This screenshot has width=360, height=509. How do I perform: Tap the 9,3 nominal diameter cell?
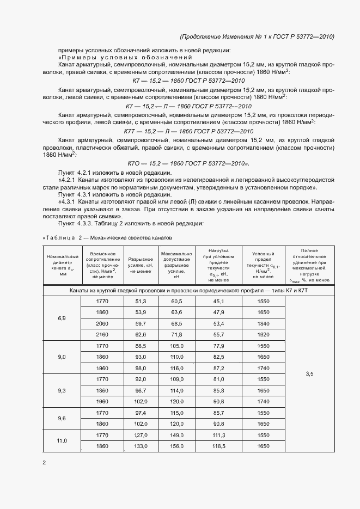coord(62,391)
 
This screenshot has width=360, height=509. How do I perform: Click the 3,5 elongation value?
coord(310,374)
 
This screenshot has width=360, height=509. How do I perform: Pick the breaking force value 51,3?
coord(141,301)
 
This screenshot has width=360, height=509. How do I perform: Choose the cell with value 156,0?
coord(176,446)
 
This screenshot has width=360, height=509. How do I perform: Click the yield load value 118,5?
coord(219,446)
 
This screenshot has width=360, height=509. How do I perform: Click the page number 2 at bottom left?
coord(45,463)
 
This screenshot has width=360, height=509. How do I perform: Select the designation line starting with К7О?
coord(188,163)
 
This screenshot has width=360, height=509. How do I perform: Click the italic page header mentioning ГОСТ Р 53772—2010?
coord(256,36)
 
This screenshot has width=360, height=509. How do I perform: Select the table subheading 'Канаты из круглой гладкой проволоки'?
coord(188,291)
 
